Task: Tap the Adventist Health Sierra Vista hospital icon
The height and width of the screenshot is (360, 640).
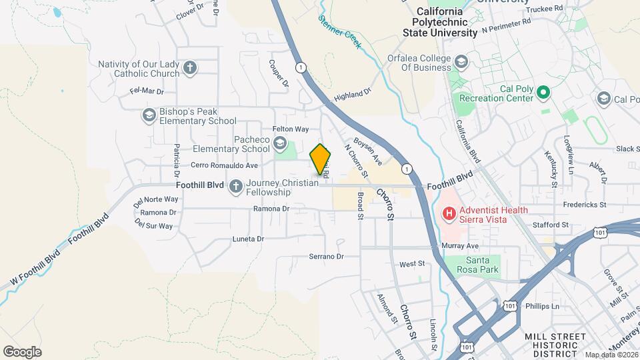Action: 449,214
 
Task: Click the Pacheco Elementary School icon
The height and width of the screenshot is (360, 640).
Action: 280,143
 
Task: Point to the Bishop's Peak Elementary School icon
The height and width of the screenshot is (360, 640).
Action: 149,116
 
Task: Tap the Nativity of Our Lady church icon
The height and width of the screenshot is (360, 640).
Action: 190,68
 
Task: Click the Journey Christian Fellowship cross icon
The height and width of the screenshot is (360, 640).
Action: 235,187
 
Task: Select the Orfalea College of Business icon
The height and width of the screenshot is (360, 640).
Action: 461,63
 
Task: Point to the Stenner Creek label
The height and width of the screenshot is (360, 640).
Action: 339,32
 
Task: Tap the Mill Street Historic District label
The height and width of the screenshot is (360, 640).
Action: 555,341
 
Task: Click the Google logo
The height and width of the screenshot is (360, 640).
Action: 22,351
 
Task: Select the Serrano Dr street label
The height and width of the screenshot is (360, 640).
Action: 326,256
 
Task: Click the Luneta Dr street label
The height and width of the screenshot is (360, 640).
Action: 248,238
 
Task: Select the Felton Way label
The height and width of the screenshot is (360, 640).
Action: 291,129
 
